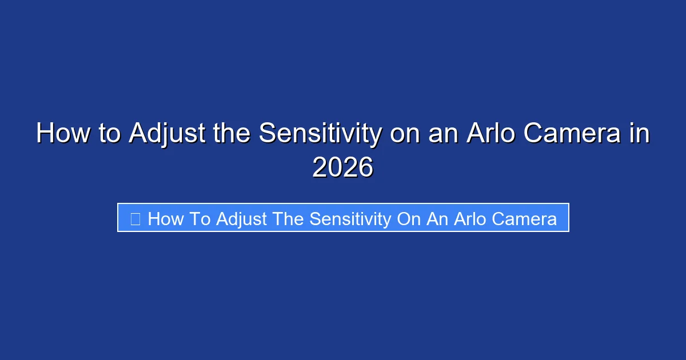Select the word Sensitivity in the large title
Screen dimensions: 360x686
(x=320, y=134)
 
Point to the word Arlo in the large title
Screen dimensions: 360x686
(x=487, y=134)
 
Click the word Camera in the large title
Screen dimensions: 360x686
(x=574, y=134)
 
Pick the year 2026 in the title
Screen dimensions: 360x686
(x=343, y=168)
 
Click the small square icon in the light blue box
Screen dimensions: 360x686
(x=135, y=218)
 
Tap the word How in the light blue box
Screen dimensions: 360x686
(x=166, y=218)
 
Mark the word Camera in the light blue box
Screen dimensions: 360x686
(x=527, y=218)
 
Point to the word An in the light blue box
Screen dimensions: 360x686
(x=437, y=218)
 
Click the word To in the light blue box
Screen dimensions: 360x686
(x=201, y=218)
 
